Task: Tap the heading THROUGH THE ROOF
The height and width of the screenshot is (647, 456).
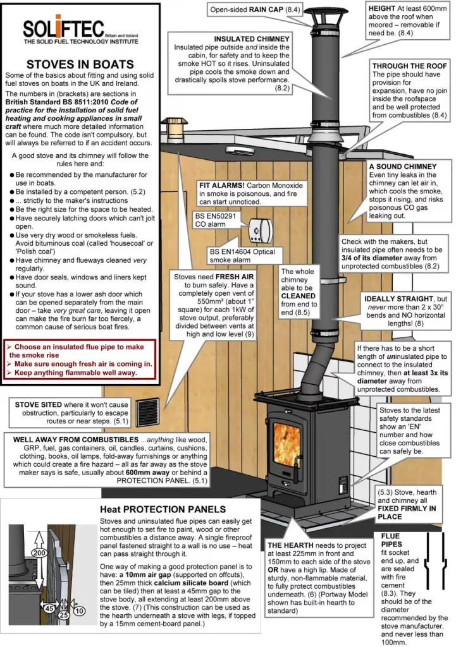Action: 406,66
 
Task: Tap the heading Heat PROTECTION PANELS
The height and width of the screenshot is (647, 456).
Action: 163,508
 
